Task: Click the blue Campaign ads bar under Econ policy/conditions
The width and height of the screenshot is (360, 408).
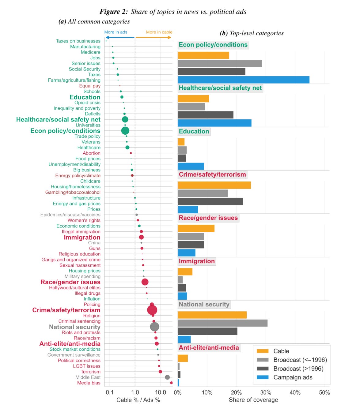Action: click(243, 80)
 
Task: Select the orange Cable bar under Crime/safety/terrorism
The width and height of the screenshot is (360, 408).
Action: click(214, 185)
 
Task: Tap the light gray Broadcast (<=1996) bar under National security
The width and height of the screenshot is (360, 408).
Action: click(222, 323)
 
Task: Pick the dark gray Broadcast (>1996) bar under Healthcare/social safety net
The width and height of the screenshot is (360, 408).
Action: click(205, 115)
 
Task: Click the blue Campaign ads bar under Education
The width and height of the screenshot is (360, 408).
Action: click(191, 166)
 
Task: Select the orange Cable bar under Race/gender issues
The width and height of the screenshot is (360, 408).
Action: click(196, 228)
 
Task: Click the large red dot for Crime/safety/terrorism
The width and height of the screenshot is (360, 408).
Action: click(152, 310)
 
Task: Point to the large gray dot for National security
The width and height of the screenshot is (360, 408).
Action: click(154, 327)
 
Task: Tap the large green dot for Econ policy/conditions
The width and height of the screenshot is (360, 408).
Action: click(125, 131)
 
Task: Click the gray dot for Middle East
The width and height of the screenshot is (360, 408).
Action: click(167, 377)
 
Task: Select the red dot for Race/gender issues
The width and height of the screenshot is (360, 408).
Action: click(145, 282)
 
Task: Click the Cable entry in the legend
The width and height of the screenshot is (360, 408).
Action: click(281, 351)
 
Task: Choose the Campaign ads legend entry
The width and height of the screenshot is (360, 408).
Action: click(293, 377)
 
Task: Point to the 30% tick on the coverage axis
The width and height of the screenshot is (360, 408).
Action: click(266, 393)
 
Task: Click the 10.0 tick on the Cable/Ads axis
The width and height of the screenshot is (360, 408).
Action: click(160, 393)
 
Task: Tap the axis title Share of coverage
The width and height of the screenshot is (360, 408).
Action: click(253, 400)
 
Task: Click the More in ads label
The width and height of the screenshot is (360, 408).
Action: click(116, 32)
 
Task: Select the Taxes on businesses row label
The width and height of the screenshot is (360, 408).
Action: click(78, 41)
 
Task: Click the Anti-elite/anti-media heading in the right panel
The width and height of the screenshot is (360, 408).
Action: click(209, 348)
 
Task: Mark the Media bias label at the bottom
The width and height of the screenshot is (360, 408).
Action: click(89, 383)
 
